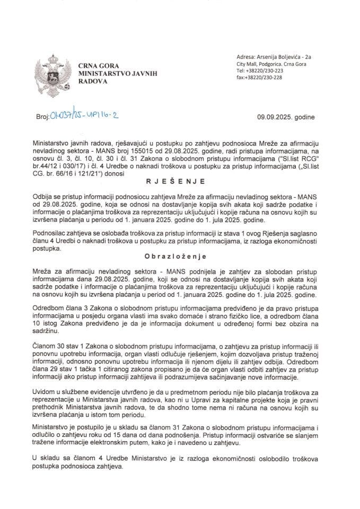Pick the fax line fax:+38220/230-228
[x=260, y=77]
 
